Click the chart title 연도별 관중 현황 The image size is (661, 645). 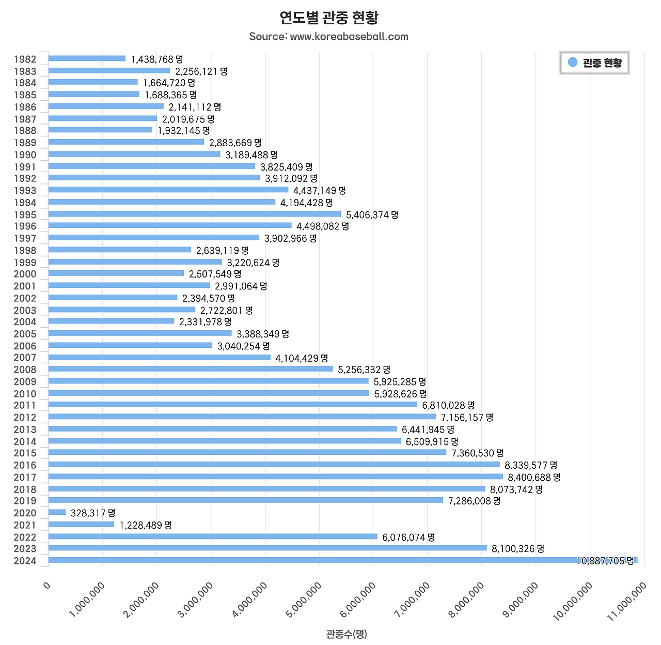tap(329, 18)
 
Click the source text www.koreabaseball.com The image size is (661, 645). tap(329, 37)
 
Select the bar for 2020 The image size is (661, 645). tap(57, 512)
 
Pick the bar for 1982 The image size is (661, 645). tap(87, 58)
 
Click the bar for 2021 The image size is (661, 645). tap(81, 525)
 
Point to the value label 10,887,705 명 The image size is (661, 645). tap(605, 561)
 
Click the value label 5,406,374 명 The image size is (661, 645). tap(372, 214)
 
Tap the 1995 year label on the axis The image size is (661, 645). tap(25, 214)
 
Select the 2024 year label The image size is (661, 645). tap(25, 561)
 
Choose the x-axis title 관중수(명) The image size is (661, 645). tap(346, 634)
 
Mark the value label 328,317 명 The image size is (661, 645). tap(93, 513)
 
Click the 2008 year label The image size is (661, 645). tap(25, 370)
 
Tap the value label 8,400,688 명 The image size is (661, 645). tap(534, 477)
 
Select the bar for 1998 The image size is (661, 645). tap(119, 250)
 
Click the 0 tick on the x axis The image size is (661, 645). tap(47, 586)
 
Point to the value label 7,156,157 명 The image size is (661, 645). tap(467, 417)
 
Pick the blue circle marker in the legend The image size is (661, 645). tap(572, 63)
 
